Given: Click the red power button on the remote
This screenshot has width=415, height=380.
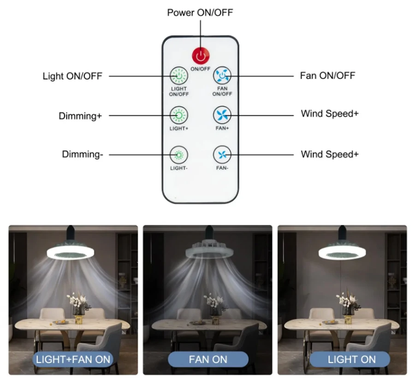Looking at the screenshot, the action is tap(201, 56).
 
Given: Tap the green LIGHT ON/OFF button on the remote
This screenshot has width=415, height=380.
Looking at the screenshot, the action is tap(178, 75).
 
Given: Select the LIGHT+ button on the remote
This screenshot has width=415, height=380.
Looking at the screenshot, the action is tap(178, 114).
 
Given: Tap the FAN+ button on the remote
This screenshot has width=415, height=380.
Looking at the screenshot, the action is tap(222, 114).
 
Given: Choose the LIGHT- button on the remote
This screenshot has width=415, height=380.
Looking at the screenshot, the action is tap(178, 154).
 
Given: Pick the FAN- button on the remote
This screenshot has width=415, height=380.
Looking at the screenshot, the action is tap(222, 154).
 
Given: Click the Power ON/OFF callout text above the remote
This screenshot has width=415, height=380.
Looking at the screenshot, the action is tap(200, 12).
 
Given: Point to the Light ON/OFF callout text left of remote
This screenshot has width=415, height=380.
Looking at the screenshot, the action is tap(72, 76).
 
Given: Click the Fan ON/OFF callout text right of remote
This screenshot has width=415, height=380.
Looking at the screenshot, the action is tap(327, 75).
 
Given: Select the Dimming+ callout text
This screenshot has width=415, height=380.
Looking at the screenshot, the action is tap(80, 116).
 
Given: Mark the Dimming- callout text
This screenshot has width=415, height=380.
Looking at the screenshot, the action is tap(83, 154).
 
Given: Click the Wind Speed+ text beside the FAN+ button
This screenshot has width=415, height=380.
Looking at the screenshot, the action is tap(329, 114).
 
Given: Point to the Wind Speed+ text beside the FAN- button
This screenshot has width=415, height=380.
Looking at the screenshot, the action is tap(329, 154).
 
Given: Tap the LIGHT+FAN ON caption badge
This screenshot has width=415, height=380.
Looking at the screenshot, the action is tap(73, 359).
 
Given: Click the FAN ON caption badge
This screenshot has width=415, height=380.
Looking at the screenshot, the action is tap(207, 359).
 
